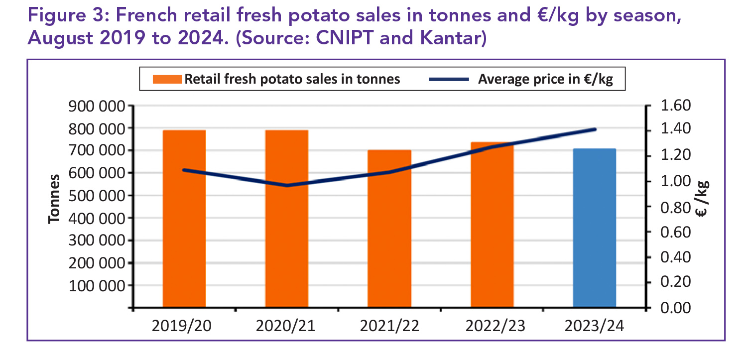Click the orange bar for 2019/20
click(x=184, y=219)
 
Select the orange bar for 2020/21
click(x=287, y=219)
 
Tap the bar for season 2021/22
click(x=389, y=229)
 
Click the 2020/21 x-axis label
click(x=286, y=326)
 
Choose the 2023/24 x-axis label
click(x=594, y=326)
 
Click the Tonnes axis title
click(x=54, y=199)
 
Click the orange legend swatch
click(x=168, y=79)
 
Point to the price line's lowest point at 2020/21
click(x=287, y=186)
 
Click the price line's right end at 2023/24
click(x=595, y=129)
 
